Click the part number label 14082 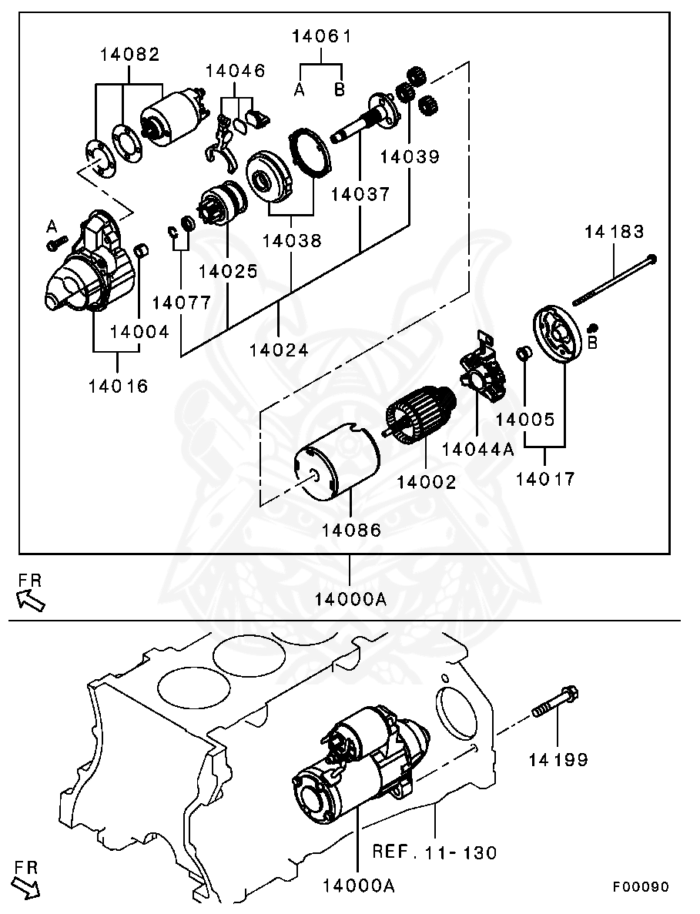pos(129,55)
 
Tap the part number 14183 pos(614,231)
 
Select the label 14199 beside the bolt pos(558,760)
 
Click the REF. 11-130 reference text pos(434,852)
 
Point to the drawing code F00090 pos(641,887)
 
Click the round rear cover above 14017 pos(555,336)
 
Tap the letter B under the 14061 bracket pos(340,90)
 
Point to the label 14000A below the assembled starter pos(359,886)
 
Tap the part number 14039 pos(409,156)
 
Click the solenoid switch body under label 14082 pos(173,118)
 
